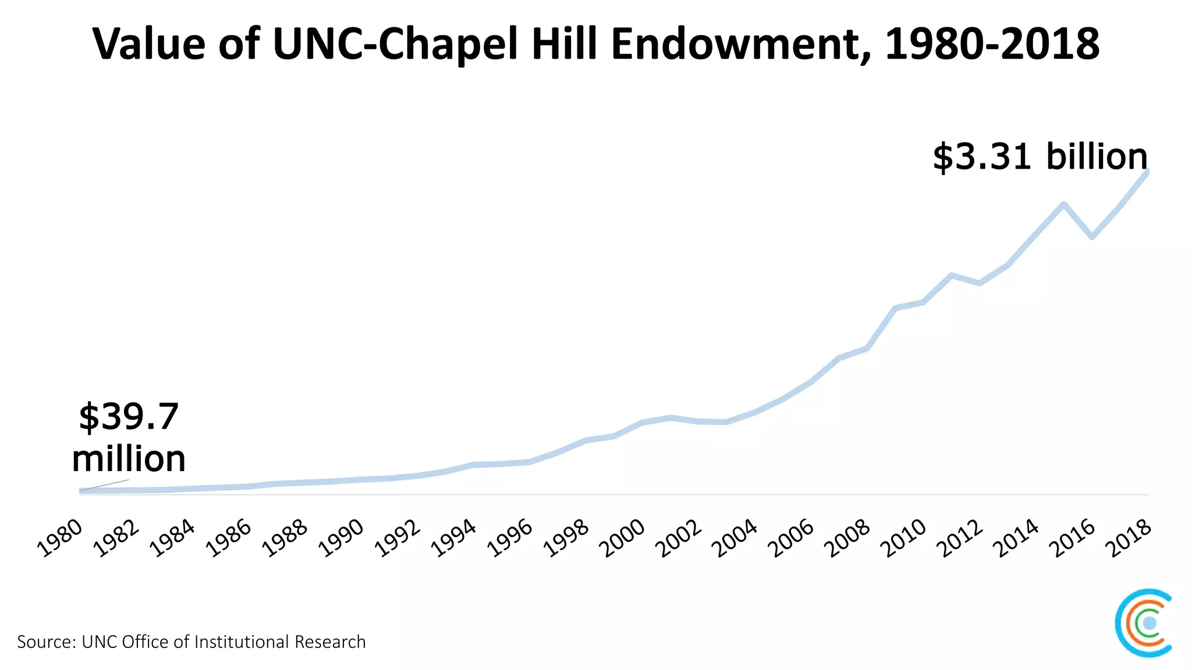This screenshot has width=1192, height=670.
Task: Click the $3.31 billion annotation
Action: [x=1040, y=157]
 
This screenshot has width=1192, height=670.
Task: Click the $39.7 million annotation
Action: [x=129, y=437]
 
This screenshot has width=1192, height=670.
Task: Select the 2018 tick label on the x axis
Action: [x=1129, y=538]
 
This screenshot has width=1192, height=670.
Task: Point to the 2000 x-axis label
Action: [x=623, y=538]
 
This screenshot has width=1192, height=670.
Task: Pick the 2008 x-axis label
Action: [x=848, y=538]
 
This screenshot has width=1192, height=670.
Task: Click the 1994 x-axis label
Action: [x=454, y=538]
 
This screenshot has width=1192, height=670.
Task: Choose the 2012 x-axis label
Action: [x=960, y=538]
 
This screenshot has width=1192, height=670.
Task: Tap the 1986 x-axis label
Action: [x=229, y=538]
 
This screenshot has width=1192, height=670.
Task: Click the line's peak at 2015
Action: [x=1063, y=204]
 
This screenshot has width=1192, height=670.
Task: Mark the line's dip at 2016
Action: [x=1092, y=237]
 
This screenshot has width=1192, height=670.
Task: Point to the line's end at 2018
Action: [x=1147, y=172]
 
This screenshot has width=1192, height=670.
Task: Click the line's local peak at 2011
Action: [x=951, y=275]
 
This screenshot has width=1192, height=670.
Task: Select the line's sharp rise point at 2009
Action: [x=895, y=308]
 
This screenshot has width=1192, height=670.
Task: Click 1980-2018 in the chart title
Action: [x=992, y=44]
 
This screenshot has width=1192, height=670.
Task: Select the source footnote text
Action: [x=191, y=642]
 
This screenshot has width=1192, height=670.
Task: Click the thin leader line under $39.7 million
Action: [x=105, y=485]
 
